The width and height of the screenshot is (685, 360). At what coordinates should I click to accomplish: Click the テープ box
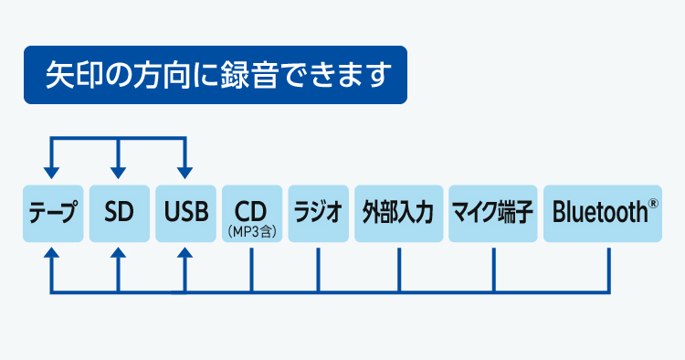(x=52, y=214)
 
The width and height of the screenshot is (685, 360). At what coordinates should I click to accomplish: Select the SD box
(x=119, y=214)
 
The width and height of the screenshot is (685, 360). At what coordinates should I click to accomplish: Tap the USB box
(x=185, y=214)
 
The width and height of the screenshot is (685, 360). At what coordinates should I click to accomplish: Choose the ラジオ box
(x=317, y=214)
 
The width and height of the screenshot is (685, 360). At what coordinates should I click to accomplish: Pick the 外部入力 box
(x=398, y=214)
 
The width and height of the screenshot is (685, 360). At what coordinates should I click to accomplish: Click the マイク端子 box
(x=492, y=214)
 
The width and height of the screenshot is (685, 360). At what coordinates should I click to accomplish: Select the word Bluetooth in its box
(x=598, y=214)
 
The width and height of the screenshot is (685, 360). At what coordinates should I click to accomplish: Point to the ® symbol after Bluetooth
(x=653, y=206)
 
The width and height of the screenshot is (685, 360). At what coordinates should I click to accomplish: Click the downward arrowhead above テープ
(x=52, y=171)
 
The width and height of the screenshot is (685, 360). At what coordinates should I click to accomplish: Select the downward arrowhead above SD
(x=119, y=171)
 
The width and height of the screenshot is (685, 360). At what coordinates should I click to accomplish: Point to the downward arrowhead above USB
(x=185, y=171)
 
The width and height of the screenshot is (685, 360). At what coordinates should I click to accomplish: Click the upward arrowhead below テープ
(x=52, y=255)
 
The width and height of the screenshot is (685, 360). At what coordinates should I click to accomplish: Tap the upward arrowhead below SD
(x=119, y=255)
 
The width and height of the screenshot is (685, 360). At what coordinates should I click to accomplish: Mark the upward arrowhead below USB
(x=185, y=255)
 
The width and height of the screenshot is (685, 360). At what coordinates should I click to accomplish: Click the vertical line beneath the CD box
(x=250, y=270)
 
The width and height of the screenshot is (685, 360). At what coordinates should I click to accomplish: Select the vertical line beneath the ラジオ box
(x=317, y=270)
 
